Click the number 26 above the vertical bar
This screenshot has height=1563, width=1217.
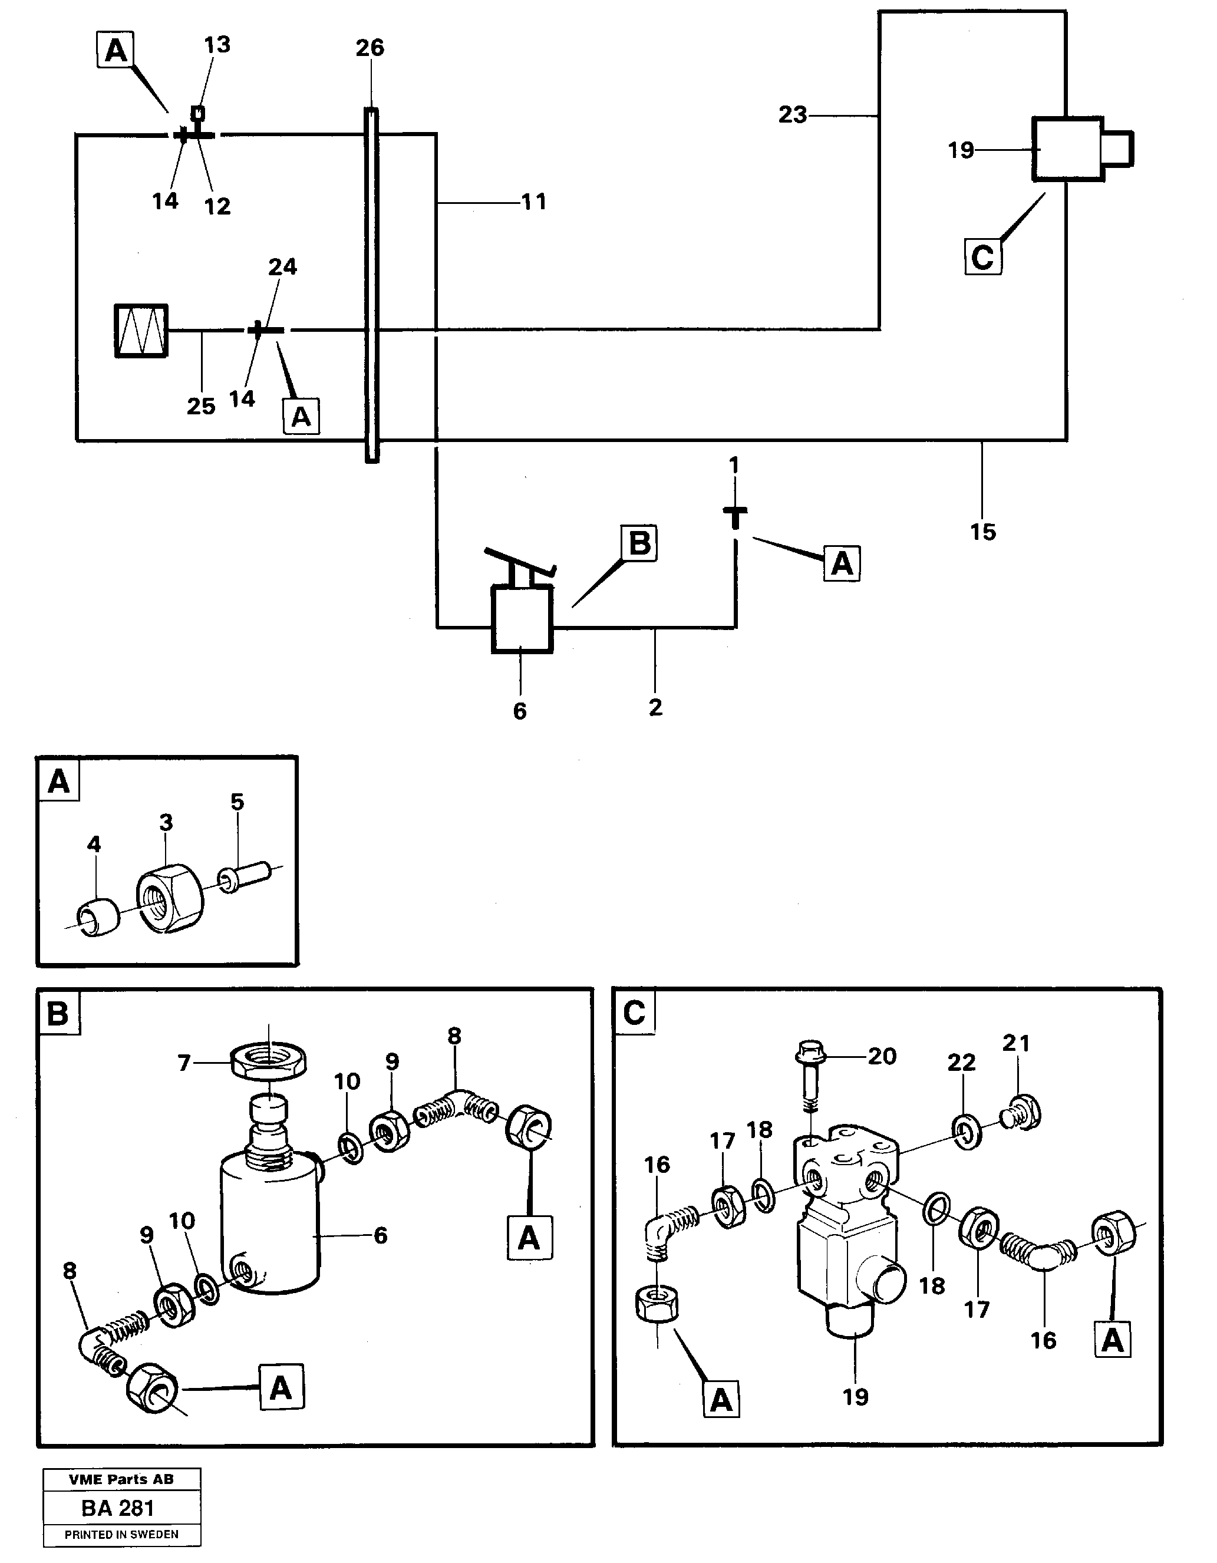[370, 48]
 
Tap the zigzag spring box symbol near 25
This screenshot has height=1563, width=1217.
[141, 331]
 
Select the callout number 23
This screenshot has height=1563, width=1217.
[792, 114]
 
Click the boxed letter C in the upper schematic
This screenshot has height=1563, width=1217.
[982, 257]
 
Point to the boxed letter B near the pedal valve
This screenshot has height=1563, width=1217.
[639, 544]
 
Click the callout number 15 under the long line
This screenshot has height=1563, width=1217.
[982, 532]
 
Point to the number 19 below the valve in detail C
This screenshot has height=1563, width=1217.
[855, 1396]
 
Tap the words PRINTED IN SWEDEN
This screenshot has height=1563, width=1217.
[121, 1534]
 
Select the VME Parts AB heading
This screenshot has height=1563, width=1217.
[121, 1479]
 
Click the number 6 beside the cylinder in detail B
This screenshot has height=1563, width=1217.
[380, 1235]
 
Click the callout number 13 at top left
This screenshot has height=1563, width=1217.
[217, 45]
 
